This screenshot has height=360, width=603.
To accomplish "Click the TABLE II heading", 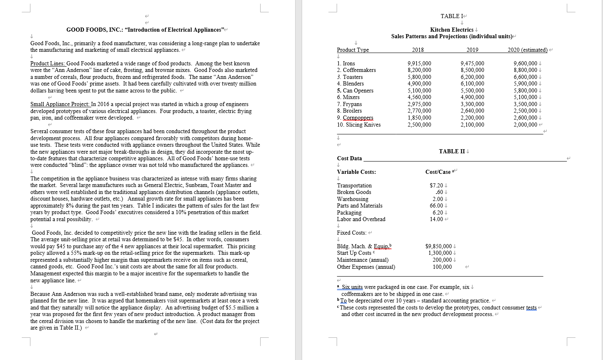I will (452, 151).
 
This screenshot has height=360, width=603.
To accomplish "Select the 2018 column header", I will (418, 50).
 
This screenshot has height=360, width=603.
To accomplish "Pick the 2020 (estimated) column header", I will (527, 50).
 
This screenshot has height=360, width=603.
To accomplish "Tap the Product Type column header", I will (353, 50).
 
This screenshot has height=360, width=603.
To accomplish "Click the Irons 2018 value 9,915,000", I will (419, 63).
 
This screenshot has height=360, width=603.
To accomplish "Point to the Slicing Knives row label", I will (358, 125).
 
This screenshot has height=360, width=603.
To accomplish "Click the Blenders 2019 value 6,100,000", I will (472, 83).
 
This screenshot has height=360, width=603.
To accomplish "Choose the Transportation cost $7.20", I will (436, 185).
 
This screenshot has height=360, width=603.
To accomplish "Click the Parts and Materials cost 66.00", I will (436, 205).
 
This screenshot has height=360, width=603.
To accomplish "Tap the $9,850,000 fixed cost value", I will (438, 246).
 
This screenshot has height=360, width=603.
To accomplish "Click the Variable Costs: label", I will (356, 172).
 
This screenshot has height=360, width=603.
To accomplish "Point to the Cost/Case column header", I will (438, 172).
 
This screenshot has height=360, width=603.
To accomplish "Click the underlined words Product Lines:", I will (48, 63).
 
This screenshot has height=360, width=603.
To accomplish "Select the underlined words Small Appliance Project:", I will (60, 104).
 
